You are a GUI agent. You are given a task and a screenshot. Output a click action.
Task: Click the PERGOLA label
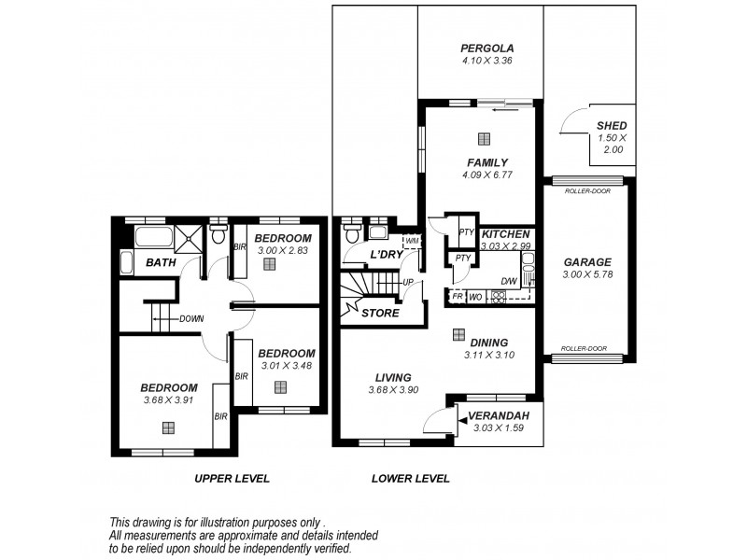(487, 49)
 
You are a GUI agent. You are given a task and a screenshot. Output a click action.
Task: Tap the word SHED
(612, 126)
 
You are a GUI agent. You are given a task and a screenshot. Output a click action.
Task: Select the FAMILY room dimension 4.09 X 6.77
(487, 175)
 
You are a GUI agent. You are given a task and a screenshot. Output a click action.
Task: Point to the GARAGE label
(587, 262)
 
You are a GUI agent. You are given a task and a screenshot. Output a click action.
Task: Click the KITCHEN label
(507, 233)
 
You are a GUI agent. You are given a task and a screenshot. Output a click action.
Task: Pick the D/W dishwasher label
(509, 281)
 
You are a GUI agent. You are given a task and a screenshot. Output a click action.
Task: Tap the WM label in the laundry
(412, 242)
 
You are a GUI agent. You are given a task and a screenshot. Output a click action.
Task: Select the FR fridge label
(458, 297)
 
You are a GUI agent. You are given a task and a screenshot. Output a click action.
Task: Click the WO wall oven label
(474, 297)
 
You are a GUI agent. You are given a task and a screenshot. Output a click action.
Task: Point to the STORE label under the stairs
(380, 314)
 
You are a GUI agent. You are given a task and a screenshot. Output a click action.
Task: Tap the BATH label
(161, 263)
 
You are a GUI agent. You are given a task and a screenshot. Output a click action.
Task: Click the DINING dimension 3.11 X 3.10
(488, 355)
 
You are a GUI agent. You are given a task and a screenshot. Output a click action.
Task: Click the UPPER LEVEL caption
(231, 479)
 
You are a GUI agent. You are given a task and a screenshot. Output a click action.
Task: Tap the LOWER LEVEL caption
(410, 479)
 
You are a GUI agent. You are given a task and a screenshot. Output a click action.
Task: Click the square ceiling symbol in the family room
(484, 140)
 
